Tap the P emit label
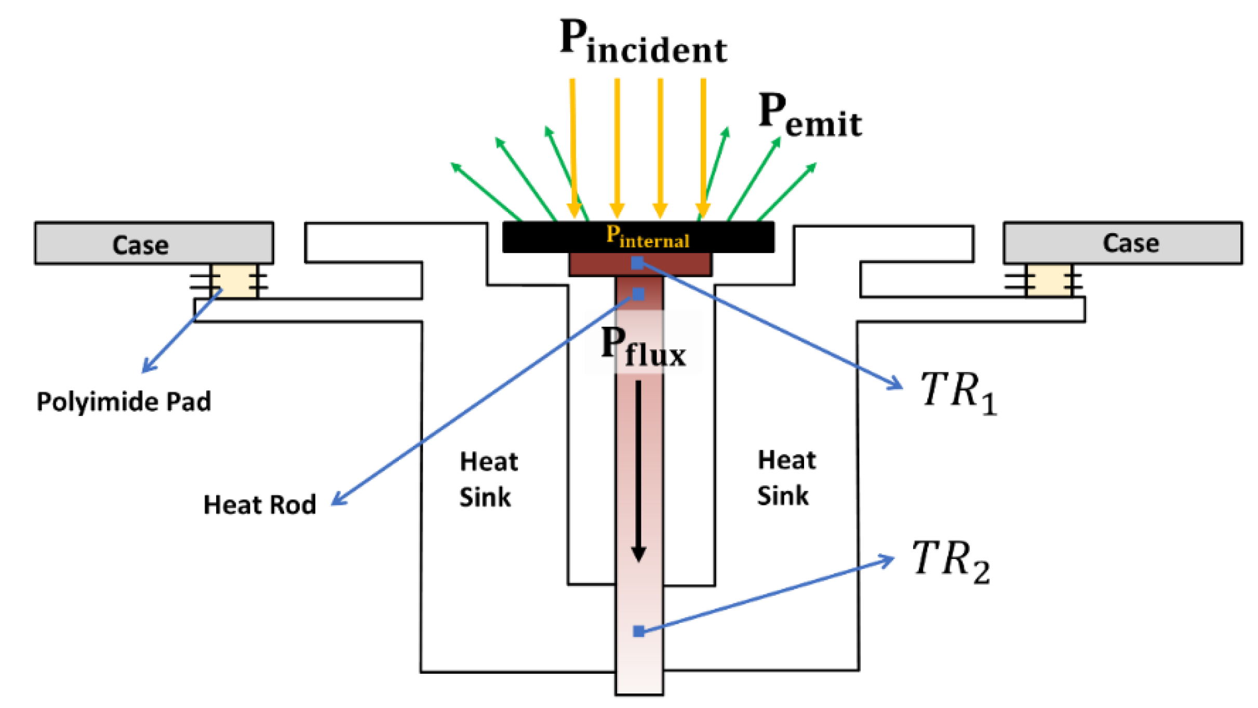coord(810,115)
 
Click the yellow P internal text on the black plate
coord(648,237)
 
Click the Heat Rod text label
coord(260,505)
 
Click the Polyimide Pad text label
coord(124,402)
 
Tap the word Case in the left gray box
coord(140,245)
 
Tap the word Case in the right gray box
coord(1131,243)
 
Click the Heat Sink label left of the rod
coord(488,479)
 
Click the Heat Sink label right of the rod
coord(786,477)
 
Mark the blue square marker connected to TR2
coord(638,631)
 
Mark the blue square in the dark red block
coord(637,263)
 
